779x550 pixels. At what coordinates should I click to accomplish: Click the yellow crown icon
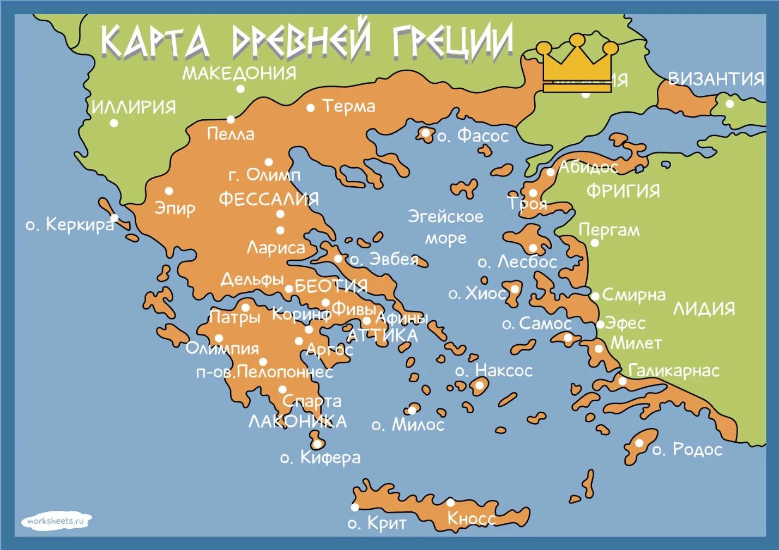pyautogui.click(x=577, y=64)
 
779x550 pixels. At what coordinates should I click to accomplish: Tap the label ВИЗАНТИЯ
pyautogui.click(x=716, y=79)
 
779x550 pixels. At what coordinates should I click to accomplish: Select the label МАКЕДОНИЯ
pyautogui.click(x=239, y=73)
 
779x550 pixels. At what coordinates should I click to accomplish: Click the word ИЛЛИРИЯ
pyautogui.click(x=134, y=107)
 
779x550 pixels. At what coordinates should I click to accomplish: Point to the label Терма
pyautogui.click(x=348, y=106)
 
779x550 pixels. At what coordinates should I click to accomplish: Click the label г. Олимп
pyautogui.click(x=264, y=175)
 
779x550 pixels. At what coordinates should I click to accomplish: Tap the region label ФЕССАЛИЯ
pyautogui.click(x=269, y=199)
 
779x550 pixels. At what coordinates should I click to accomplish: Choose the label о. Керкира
pyautogui.click(x=70, y=224)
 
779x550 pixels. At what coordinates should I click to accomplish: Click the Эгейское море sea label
pyautogui.click(x=445, y=227)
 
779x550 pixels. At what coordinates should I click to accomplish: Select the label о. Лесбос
pyautogui.click(x=517, y=262)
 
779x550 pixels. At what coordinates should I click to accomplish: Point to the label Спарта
pyautogui.click(x=312, y=401)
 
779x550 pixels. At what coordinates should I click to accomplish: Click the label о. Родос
pyautogui.click(x=687, y=450)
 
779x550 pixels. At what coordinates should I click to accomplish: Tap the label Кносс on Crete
pyautogui.click(x=471, y=518)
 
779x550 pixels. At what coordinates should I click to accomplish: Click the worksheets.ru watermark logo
pyautogui.click(x=56, y=521)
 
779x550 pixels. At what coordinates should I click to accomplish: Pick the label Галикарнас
pyautogui.click(x=674, y=371)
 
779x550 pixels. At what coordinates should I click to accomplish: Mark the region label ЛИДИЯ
pyautogui.click(x=704, y=309)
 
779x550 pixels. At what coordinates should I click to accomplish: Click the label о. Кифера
pyautogui.click(x=320, y=457)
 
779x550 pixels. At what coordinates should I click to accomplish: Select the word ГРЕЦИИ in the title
pyautogui.click(x=452, y=42)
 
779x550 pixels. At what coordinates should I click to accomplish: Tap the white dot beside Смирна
pyautogui.click(x=595, y=296)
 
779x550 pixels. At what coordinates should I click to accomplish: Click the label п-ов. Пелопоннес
pyautogui.click(x=264, y=372)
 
